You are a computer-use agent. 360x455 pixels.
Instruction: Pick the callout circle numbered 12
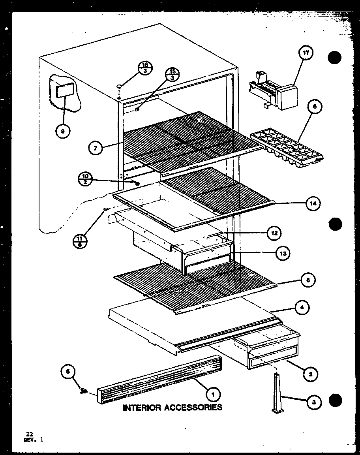(274, 233)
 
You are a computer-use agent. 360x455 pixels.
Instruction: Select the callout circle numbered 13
(283, 253)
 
